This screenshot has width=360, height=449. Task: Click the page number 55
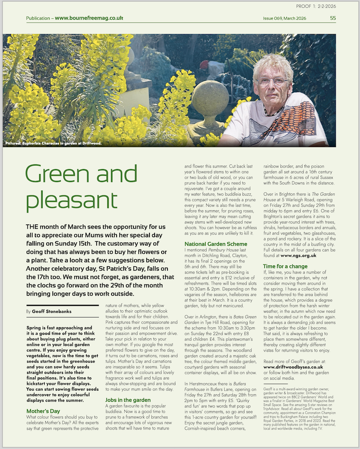click(x=333, y=18)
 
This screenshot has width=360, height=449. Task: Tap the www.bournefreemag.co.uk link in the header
click(x=89, y=18)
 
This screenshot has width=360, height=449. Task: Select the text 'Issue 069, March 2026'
click(x=284, y=18)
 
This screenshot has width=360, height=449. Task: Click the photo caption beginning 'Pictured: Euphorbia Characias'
click(x=54, y=143)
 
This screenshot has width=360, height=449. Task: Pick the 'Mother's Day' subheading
click(x=43, y=411)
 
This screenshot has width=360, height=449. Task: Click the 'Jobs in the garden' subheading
click(x=128, y=400)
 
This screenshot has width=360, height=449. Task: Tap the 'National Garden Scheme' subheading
click(x=216, y=244)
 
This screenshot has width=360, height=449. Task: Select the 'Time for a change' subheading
click(x=285, y=267)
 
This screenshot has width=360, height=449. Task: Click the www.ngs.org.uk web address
click(x=298, y=255)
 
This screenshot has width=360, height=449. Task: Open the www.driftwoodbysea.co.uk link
click(x=293, y=367)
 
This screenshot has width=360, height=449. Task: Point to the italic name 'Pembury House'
click(x=222, y=249)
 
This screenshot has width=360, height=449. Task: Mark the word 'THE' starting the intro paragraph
click(x=32, y=227)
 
